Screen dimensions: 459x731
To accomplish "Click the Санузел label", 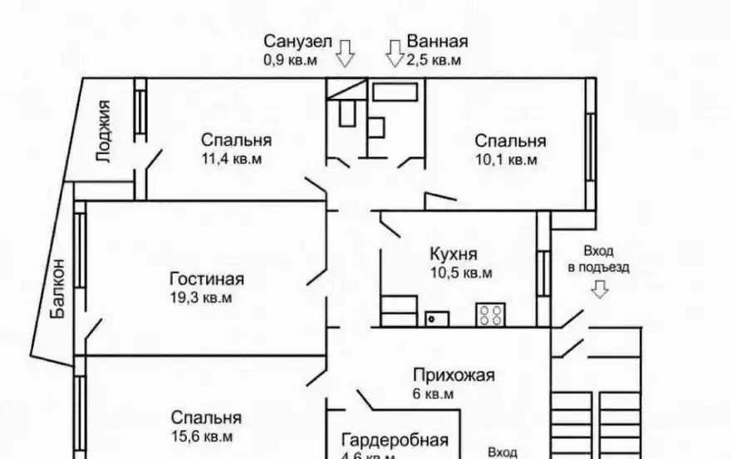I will tap(298, 42).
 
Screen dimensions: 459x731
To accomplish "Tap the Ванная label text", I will tap(437, 42).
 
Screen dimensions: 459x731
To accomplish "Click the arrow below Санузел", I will tap(345, 54).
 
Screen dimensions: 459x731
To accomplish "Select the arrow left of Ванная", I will tap(393, 54).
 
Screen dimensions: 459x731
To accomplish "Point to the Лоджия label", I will tap(104, 131).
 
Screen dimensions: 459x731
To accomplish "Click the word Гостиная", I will tap(206, 279).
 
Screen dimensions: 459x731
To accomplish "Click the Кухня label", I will tap(454, 254).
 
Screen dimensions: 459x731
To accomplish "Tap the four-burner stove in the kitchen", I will tap(490, 314).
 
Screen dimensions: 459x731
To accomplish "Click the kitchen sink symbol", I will tap(437, 317).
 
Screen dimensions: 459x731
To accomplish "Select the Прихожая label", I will tap(454, 375).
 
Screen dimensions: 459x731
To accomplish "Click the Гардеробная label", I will tap(395, 441).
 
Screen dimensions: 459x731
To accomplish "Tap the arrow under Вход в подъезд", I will tap(599, 289).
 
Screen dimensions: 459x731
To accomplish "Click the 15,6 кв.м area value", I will tap(202, 436).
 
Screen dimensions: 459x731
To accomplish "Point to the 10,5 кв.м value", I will tap(461, 273).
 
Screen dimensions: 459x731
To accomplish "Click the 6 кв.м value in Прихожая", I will tap(434, 394).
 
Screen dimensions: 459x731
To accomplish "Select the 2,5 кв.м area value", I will tap(434, 60).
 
